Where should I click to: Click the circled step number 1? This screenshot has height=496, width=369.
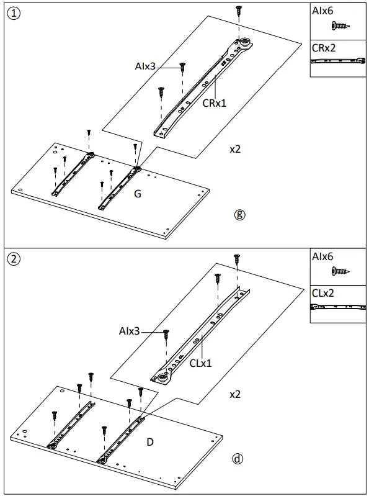14,14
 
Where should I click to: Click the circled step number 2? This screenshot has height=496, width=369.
14,259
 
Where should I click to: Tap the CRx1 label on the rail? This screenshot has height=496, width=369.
215,104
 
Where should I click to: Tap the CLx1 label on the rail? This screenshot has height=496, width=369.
200,363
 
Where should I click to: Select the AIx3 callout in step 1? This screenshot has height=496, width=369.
146,65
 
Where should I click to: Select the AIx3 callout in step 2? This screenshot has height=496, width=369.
131,331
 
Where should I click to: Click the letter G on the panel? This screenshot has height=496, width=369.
138,194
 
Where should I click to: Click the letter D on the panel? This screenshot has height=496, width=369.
150,442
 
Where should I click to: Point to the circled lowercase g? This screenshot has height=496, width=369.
240,215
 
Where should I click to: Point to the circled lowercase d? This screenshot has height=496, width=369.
237,459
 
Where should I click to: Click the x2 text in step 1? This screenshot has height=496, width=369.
235,150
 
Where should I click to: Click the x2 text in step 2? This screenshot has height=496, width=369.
235,394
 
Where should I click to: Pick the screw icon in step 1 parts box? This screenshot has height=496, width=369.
339,25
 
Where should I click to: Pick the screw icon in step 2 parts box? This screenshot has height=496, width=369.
339,271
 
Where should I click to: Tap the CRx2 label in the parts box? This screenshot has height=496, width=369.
324,48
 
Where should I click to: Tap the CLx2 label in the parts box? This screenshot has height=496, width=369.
323,293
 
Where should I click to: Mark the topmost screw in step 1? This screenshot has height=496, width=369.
238,10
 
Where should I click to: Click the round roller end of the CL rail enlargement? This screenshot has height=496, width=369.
164,377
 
